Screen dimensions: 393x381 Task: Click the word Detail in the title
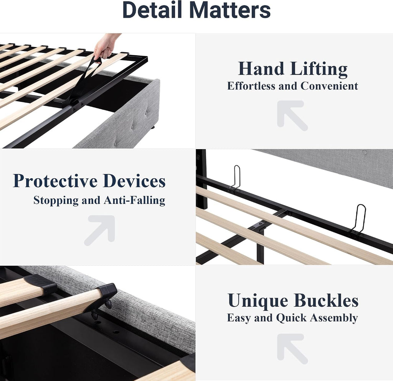coord(152,10)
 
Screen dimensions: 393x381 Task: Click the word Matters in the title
coord(230,10)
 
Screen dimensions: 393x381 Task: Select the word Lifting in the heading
coord(319,69)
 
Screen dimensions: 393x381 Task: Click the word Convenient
coord(329,86)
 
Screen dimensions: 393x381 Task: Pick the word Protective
coord(55,181)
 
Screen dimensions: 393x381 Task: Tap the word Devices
coord(134,181)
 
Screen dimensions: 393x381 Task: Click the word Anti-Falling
coord(134,200)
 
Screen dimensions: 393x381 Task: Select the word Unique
coord(258,301)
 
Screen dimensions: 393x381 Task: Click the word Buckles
coord(326,300)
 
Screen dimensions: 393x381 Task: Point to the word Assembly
coord(334,318)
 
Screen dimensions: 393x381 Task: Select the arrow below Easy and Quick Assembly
coord(291,347)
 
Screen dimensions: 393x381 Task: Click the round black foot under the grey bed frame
coord(153,127)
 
